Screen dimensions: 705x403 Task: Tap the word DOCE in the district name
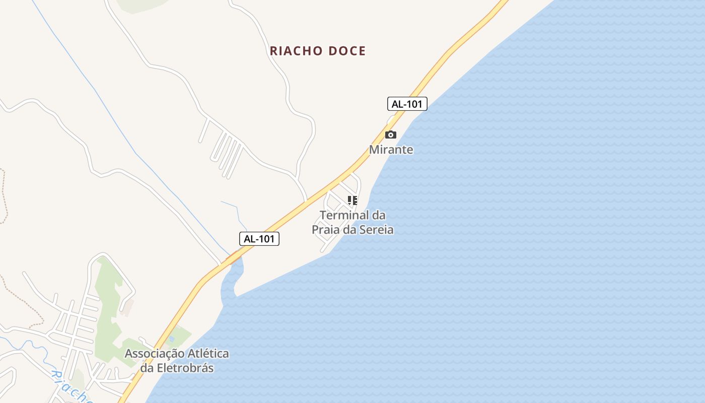click(x=347, y=51)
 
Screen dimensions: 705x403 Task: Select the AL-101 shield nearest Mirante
click(x=407, y=104)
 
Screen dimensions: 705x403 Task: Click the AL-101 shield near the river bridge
click(x=259, y=239)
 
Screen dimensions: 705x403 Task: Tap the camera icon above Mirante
click(x=390, y=135)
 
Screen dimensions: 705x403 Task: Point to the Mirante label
click(x=391, y=150)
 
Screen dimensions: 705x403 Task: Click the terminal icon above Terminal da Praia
click(x=352, y=200)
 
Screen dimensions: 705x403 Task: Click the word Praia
click(x=326, y=230)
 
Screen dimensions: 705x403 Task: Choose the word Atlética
click(x=208, y=354)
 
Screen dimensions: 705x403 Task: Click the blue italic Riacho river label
click(x=70, y=386)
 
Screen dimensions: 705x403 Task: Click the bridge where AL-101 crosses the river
click(x=233, y=258)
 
